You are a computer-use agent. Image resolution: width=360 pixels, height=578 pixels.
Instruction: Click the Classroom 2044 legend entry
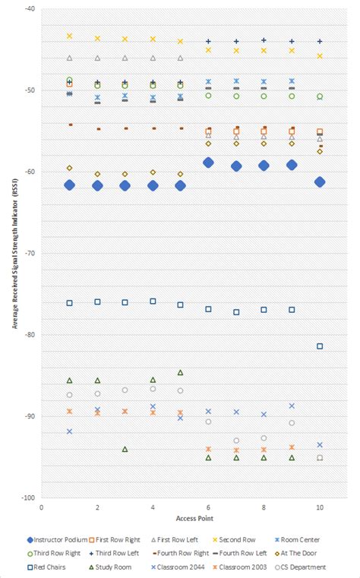coord(180,567)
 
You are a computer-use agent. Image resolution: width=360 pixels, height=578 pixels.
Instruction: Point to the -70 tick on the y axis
coord(30,253)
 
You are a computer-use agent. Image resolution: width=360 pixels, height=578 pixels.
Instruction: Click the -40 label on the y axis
coord(30,9)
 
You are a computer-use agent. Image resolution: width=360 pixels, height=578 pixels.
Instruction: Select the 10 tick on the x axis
coord(320,507)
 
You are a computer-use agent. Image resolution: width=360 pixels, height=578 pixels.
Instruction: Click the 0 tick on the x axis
coord(42,507)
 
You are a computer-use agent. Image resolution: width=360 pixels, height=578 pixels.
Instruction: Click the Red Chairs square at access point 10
coord(320,346)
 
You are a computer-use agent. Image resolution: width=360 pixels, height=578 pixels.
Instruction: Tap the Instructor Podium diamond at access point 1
coord(69,185)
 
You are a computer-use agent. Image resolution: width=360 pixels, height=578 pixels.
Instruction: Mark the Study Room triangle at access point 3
coord(125,449)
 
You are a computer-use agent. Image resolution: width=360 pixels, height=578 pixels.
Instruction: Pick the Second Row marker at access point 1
coord(69,36)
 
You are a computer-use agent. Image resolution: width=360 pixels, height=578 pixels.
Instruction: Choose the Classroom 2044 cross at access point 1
coord(69,431)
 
